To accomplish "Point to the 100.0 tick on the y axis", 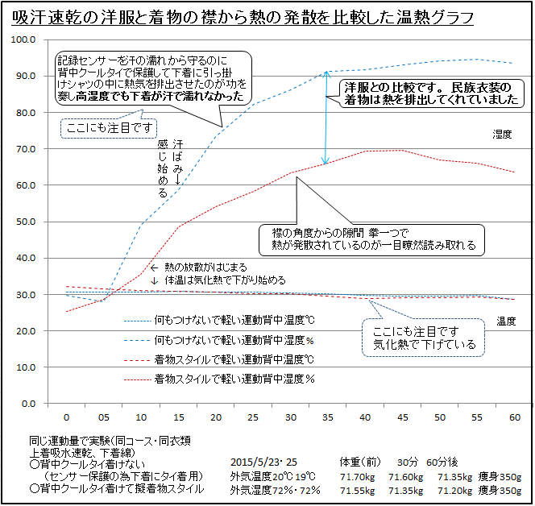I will (x=23, y=39).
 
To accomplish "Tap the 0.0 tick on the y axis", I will (x=27, y=404).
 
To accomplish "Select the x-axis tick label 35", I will (x=327, y=417).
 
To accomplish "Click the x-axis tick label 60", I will (x=514, y=417).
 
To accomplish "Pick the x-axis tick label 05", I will (x=103, y=417).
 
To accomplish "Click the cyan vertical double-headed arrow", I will (x=326, y=118).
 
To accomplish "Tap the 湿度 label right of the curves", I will (x=503, y=135).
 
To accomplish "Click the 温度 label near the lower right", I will (x=506, y=320).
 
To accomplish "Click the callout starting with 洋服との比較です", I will (x=431, y=93).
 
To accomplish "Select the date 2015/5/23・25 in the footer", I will (x=263, y=463).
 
